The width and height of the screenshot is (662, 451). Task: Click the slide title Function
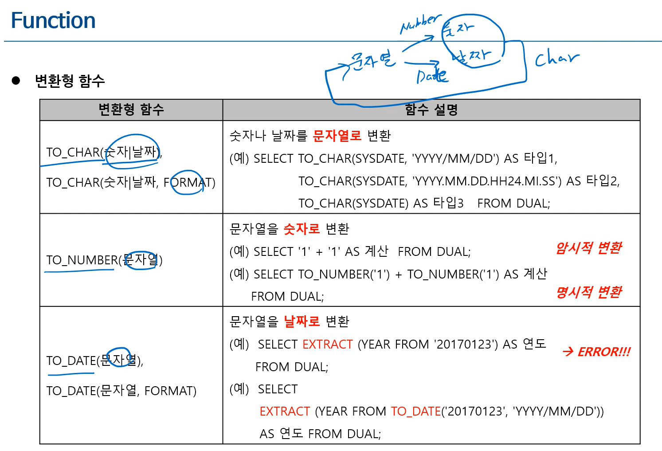[53, 21]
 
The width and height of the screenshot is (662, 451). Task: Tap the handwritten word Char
[556, 59]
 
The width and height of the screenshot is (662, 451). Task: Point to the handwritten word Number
[420, 24]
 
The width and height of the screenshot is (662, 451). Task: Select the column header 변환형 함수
[131, 110]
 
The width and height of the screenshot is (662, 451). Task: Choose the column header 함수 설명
[431, 110]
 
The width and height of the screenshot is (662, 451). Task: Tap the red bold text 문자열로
[337, 136]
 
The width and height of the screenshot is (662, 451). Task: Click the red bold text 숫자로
[302, 229]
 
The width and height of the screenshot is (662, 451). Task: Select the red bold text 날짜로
[302, 322]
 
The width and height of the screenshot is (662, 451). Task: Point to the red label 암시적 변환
[589, 248]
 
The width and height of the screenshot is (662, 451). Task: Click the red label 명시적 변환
[589, 292]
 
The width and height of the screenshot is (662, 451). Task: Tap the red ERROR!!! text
[603, 352]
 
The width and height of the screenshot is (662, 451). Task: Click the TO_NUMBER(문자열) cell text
[105, 260]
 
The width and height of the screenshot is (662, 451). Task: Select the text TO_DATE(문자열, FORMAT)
[121, 391]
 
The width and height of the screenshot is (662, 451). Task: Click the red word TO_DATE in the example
[416, 412]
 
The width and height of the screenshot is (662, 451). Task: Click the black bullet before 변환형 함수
[16, 80]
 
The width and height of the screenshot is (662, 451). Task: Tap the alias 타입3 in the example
[448, 204]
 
